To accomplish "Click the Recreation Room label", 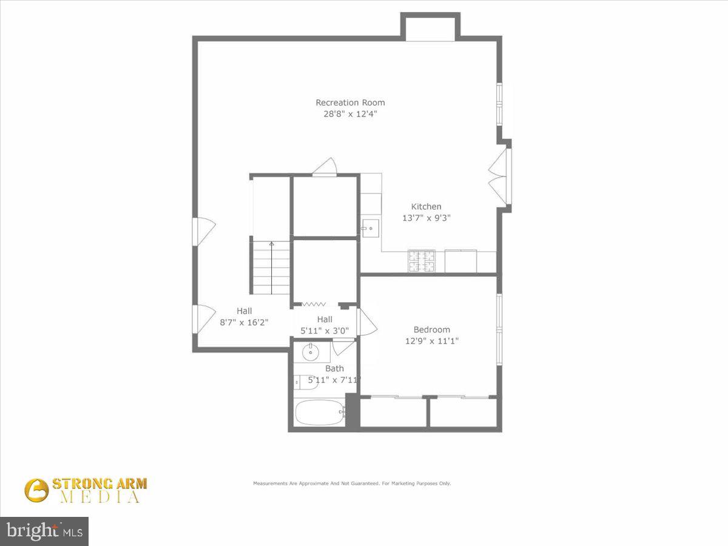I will click(350, 103).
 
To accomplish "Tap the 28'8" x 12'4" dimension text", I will click(350, 113).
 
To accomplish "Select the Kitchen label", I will click(426, 206).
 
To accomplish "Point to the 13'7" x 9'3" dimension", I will click(426, 218).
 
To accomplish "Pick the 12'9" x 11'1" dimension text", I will click(431, 341).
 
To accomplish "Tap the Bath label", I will click(334, 368).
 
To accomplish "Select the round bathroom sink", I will click(311, 352).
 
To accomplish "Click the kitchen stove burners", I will click(421, 261).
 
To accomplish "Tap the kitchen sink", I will click(370, 228).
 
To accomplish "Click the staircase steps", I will click(271, 267).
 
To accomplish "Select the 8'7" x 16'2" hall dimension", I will click(244, 323).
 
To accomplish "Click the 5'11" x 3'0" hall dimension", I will click(325, 331).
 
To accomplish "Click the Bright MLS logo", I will click(44, 531).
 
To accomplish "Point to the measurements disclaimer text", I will click(352, 484).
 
